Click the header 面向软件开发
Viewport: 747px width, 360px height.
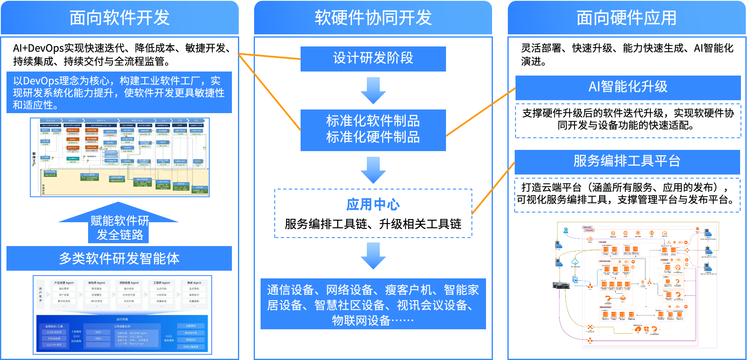click(120, 18)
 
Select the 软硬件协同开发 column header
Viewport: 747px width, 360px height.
click(373, 18)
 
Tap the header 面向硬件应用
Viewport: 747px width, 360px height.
click(626, 18)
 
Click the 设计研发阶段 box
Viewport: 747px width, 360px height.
click(373, 59)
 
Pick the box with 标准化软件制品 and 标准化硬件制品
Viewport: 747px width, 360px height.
click(373, 130)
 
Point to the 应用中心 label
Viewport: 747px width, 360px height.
click(373, 205)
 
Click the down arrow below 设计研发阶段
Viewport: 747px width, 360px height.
click(373, 91)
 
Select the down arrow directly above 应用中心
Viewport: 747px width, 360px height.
click(373, 170)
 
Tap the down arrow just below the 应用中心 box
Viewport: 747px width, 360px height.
click(373, 256)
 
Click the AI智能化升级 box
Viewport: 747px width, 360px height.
click(628, 87)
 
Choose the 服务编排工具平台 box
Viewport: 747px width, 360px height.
click(627, 162)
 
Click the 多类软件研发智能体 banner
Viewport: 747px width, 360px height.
click(119, 259)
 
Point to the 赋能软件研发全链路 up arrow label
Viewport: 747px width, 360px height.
click(120, 227)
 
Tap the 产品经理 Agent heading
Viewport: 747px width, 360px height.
click(64, 283)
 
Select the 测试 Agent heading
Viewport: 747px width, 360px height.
click(194, 283)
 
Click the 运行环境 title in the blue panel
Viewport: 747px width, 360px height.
click(122, 319)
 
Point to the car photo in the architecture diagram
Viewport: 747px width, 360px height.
click(561, 285)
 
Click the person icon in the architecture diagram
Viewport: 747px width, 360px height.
click(566, 231)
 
